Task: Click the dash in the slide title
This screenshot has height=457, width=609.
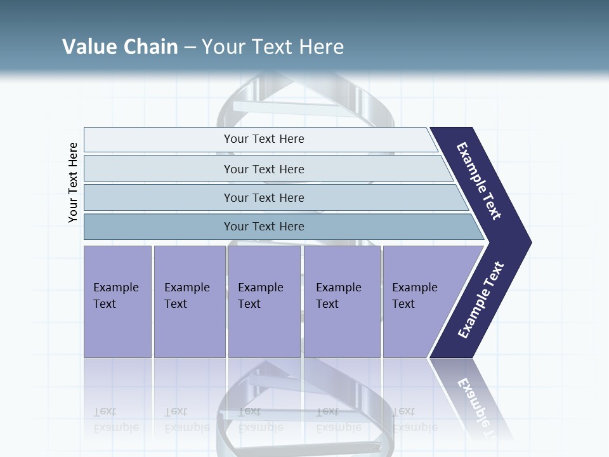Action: pyautogui.click(x=190, y=47)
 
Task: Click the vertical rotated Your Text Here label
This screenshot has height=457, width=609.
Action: pyautogui.click(x=73, y=182)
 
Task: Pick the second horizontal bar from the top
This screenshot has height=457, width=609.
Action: pyautogui.click(x=263, y=169)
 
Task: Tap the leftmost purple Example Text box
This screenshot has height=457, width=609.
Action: pyautogui.click(x=117, y=301)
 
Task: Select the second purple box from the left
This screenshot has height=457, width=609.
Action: pyautogui.click(x=189, y=301)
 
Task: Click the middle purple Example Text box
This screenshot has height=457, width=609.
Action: pyautogui.click(x=264, y=301)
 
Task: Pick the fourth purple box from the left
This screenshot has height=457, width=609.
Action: pyautogui.click(x=342, y=301)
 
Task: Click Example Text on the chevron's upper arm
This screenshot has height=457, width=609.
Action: pyautogui.click(x=480, y=182)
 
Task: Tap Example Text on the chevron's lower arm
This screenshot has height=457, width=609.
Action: pyautogui.click(x=481, y=300)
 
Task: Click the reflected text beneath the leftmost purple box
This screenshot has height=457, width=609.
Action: pyautogui.click(x=115, y=420)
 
